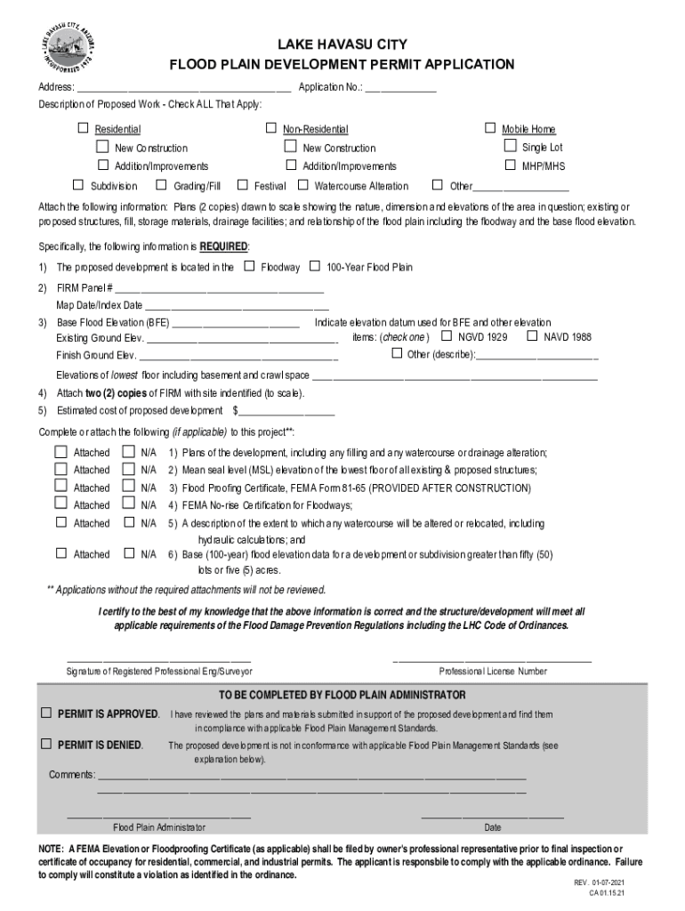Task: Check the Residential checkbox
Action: [84, 129]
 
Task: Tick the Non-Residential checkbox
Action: [271, 129]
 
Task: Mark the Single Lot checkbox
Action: [511, 147]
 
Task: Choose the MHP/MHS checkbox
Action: [511, 165]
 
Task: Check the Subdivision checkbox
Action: [78, 185]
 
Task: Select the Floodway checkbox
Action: [249, 266]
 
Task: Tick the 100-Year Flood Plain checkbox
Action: [315, 266]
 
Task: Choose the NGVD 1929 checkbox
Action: [447, 336]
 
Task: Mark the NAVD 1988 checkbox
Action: [533, 336]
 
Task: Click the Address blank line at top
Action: [183, 88]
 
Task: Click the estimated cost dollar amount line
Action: [286, 412]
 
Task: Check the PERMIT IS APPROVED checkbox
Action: [45, 713]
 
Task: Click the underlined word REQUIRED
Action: [224, 246]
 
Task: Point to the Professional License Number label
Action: [493, 671]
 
